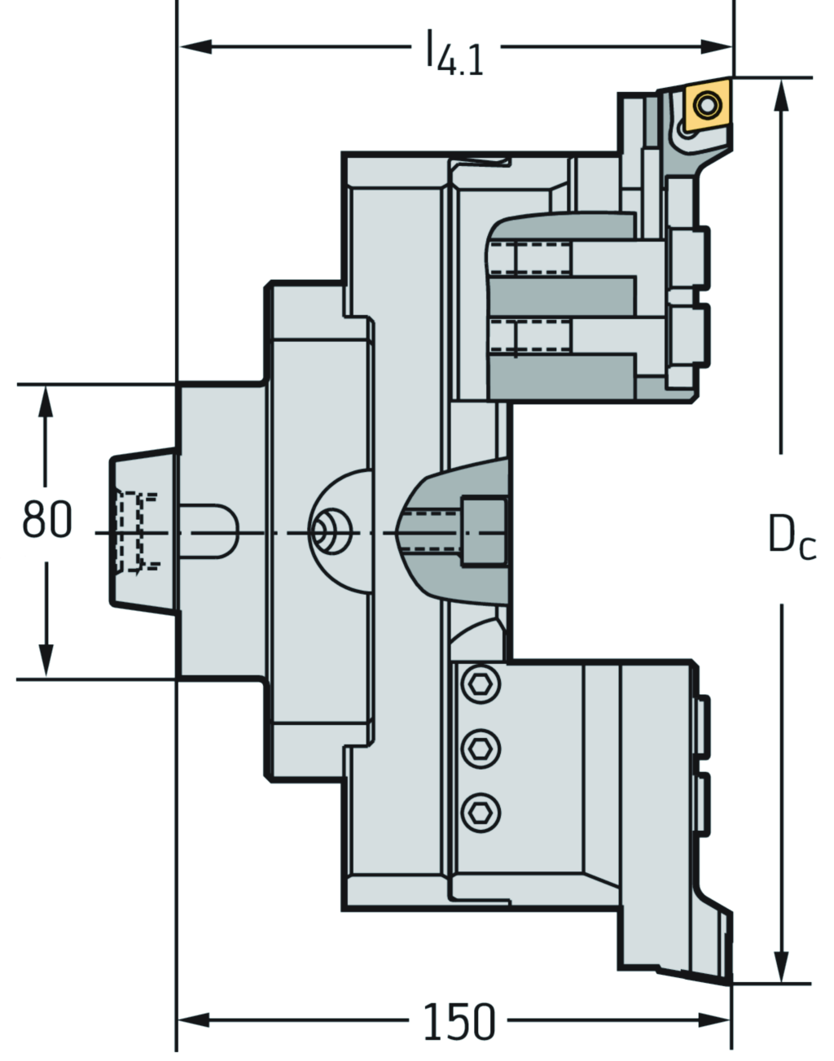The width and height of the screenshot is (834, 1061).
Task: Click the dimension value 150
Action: pos(459,1021)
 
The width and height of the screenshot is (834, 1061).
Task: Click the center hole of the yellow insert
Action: pos(706,104)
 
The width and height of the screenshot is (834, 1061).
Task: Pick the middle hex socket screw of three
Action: pos(480,747)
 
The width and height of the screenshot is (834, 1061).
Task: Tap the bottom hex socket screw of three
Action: pos(480,810)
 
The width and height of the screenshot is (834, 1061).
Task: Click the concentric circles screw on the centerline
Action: pos(328,533)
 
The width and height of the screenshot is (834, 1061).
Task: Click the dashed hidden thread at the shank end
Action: pos(134,531)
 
